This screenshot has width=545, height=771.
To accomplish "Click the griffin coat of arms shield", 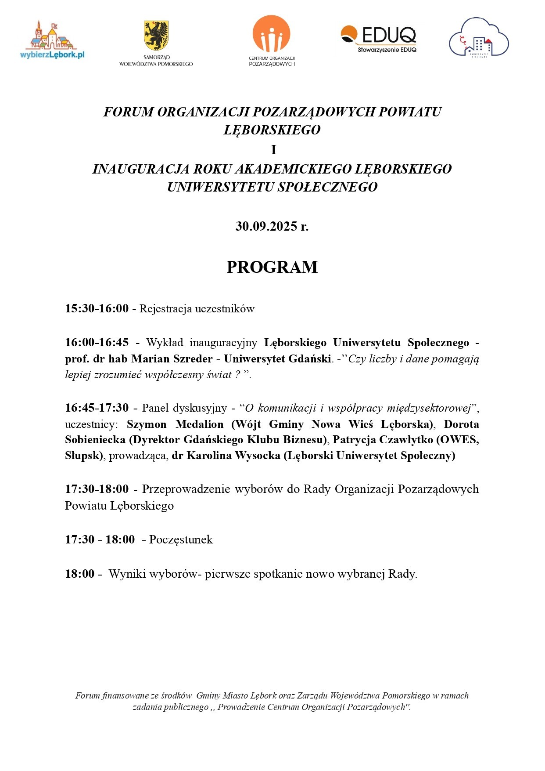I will (x=156, y=35).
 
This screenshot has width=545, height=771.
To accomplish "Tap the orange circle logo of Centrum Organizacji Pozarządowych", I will (x=272, y=34).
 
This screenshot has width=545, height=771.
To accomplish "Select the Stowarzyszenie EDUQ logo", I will (x=378, y=39).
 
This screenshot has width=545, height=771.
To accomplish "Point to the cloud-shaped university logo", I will (x=478, y=38).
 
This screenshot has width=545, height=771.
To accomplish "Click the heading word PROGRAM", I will (x=272, y=267).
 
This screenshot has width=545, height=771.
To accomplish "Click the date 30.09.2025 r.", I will (x=272, y=226).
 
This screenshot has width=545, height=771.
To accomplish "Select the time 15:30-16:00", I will (x=97, y=308).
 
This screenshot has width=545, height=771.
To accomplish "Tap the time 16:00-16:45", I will (x=97, y=342).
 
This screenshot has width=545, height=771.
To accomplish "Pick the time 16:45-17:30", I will (x=97, y=408).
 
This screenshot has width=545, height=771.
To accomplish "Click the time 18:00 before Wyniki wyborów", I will (x=80, y=573).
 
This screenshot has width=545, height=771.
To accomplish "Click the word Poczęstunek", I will (x=181, y=539).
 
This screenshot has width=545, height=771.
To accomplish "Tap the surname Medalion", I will (x=199, y=424).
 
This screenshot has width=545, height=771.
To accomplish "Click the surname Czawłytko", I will (x=407, y=440).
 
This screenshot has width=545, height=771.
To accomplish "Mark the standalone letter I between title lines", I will (x=273, y=150).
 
